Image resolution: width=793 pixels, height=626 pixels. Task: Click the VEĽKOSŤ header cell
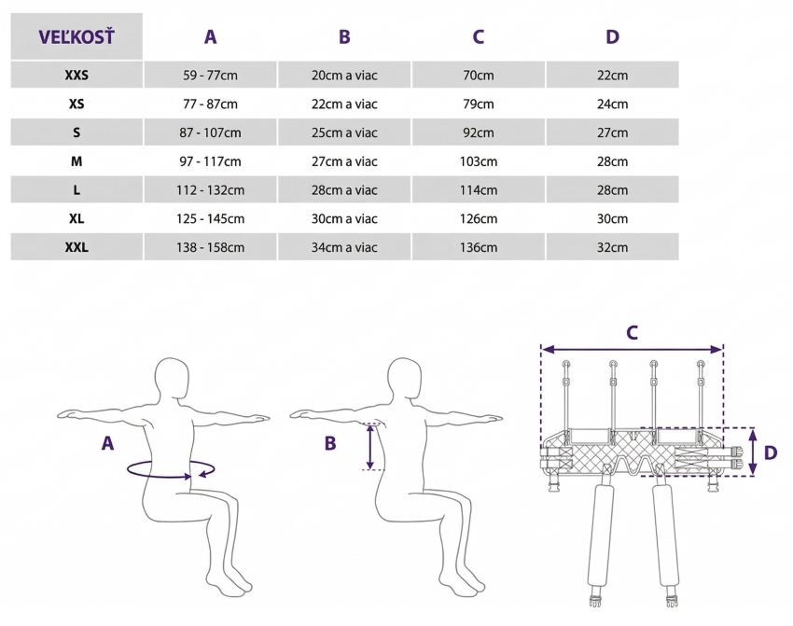pyautogui.click(x=77, y=36)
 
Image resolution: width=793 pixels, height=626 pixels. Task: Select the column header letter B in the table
pyautogui.click(x=344, y=37)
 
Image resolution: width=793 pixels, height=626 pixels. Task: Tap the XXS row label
pyautogui.click(x=77, y=75)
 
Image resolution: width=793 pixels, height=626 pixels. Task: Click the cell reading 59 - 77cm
pyautogui.click(x=211, y=76)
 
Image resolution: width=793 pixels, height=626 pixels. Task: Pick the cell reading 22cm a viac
pyautogui.click(x=344, y=104)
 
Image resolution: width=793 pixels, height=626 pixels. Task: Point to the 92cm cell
pyautogui.click(x=479, y=132)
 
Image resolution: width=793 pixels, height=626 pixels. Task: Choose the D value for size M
pyautogui.click(x=612, y=161)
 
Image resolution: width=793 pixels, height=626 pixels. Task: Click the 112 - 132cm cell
pyautogui.click(x=211, y=190)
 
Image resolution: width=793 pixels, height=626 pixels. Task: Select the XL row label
pyautogui.click(x=77, y=218)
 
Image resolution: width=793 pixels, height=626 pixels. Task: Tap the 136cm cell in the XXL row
pyautogui.click(x=479, y=247)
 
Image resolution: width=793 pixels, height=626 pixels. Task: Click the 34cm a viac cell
pyautogui.click(x=344, y=247)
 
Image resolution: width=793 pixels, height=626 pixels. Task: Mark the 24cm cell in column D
pyautogui.click(x=612, y=104)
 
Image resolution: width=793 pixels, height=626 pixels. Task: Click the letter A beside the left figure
pyautogui.click(x=107, y=443)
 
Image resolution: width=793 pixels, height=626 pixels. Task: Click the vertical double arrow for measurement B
pyautogui.click(x=370, y=447)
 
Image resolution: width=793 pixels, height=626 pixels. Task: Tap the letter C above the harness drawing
pyautogui.click(x=633, y=333)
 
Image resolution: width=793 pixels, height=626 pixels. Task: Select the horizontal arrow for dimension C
pyautogui.click(x=633, y=350)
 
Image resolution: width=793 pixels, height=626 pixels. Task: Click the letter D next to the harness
pyautogui.click(x=771, y=452)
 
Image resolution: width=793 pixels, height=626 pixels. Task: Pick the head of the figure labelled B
pyautogui.click(x=405, y=378)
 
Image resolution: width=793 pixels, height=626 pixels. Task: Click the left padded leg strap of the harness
pyautogui.click(x=601, y=534)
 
